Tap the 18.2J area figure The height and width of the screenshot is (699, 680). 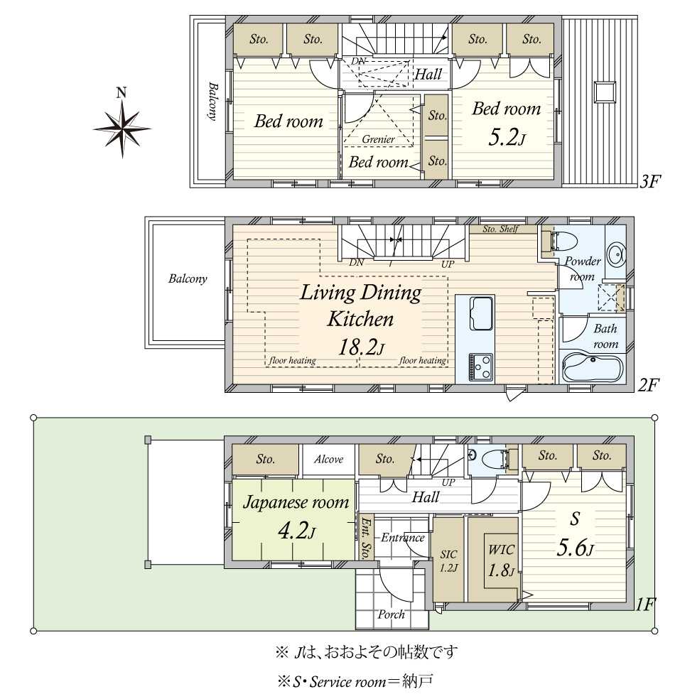(361, 347)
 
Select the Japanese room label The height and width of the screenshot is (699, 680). (296, 502)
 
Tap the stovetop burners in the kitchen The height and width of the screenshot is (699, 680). (480, 367)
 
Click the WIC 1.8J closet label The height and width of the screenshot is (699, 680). (501, 560)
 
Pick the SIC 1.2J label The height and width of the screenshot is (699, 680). (448, 560)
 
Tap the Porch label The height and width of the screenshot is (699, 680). (391, 614)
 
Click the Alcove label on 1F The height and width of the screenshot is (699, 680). (328, 459)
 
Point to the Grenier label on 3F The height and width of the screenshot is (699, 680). (378, 139)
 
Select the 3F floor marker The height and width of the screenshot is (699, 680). (649, 181)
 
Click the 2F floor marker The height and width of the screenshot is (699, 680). (647, 384)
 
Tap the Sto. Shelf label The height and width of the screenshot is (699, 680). (500, 229)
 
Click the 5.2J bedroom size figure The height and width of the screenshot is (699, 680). (507, 137)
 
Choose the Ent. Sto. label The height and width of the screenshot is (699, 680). (366, 538)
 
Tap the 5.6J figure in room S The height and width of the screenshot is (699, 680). (575, 549)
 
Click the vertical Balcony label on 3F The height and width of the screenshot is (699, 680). (213, 101)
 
